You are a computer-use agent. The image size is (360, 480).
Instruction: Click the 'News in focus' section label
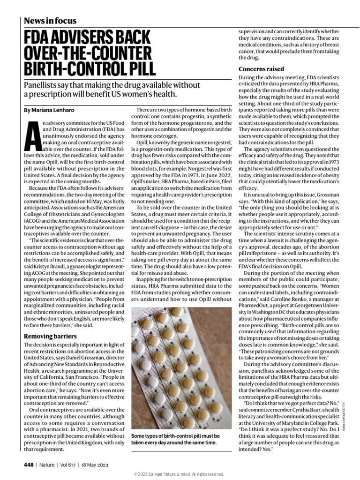tap(50, 21)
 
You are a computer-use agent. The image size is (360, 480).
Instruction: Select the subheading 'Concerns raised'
tap(261, 69)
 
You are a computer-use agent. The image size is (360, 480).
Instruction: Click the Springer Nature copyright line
tap(180, 474)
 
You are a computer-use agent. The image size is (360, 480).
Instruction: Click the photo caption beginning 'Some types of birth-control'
tap(175, 439)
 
